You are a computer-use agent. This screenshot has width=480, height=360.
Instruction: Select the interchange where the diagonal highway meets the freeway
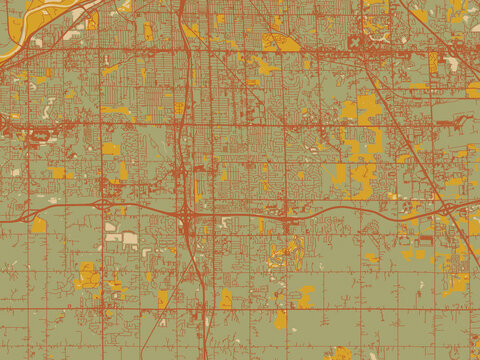(x=447, y=209)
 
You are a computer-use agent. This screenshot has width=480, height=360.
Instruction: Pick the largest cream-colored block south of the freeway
(x=129, y=238)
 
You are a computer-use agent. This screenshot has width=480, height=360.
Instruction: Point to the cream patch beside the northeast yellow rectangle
(x=452, y=62)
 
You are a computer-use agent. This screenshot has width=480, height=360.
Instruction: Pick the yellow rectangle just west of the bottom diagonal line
(x=163, y=299)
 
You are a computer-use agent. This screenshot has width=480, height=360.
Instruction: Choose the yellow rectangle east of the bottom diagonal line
(x=226, y=298)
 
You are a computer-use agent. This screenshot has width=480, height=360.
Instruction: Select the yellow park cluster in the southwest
(x=88, y=276)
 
